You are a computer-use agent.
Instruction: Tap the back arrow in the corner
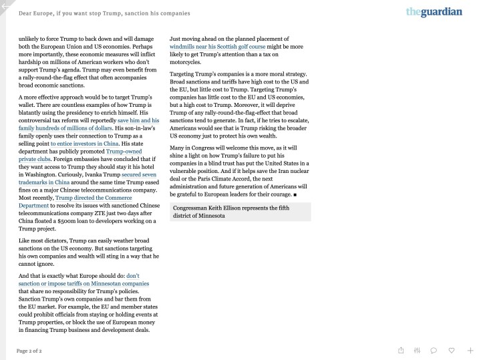click(x=6, y=6)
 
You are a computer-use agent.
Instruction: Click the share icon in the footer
click(x=401, y=350)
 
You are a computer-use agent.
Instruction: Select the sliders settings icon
click(x=417, y=350)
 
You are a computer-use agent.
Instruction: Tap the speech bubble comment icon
click(x=434, y=350)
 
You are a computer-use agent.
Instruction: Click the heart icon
click(x=452, y=350)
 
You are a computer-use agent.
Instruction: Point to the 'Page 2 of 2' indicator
click(x=29, y=351)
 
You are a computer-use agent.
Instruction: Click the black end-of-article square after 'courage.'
click(x=295, y=195)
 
